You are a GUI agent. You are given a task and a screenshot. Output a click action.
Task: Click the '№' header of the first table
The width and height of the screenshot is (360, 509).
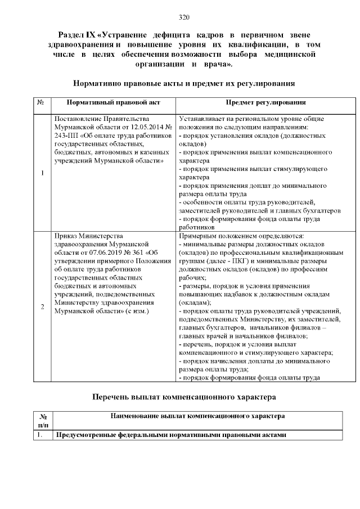(x=41, y=103)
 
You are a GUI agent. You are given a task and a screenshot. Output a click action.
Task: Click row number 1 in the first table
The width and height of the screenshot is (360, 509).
(x=43, y=172)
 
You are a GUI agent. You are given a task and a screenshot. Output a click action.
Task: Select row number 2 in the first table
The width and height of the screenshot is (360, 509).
(x=43, y=307)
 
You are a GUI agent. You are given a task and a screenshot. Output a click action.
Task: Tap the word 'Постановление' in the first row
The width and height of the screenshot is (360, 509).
(x=78, y=119)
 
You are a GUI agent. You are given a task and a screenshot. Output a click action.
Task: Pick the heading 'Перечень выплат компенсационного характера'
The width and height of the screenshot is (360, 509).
(x=184, y=397)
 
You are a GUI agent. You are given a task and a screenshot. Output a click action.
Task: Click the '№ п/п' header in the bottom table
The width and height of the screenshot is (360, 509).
(x=43, y=420)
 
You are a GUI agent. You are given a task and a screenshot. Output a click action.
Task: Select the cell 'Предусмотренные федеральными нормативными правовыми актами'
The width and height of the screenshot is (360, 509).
(x=170, y=435)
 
